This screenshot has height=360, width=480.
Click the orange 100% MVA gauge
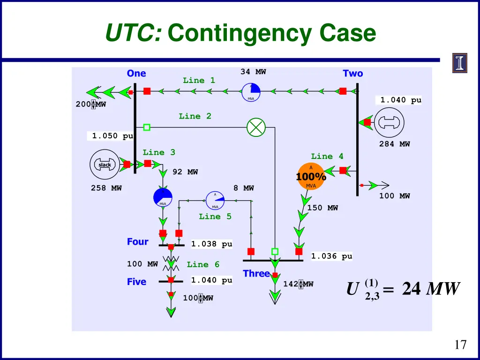(x=311, y=176)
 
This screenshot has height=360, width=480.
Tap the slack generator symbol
(x=105, y=164)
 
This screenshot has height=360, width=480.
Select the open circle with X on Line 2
(x=256, y=127)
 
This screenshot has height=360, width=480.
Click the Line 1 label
(x=199, y=81)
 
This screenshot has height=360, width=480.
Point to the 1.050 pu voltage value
(x=112, y=136)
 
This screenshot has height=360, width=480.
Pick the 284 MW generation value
(x=394, y=144)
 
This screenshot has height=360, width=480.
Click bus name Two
(x=352, y=74)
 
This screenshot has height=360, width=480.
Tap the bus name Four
(x=137, y=242)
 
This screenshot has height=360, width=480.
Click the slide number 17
(x=460, y=345)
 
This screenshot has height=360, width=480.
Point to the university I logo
(x=460, y=63)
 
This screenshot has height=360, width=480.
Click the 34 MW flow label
(x=253, y=72)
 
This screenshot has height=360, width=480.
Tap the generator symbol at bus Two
(x=387, y=122)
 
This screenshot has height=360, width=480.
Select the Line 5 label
(x=215, y=217)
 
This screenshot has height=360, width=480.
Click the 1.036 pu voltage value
(x=331, y=256)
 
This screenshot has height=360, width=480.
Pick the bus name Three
(x=256, y=273)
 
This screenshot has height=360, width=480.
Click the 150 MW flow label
(x=322, y=208)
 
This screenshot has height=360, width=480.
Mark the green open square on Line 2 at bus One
(x=147, y=127)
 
